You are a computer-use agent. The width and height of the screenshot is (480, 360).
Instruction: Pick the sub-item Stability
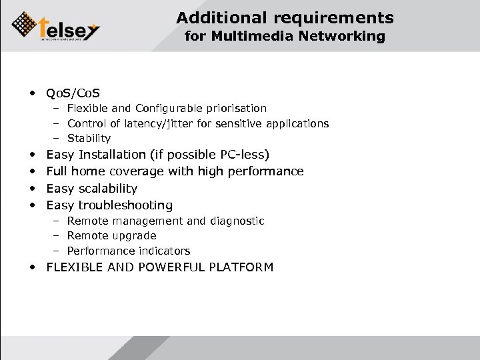(x=89, y=139)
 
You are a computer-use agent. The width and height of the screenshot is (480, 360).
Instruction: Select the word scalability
(x=107, y=189)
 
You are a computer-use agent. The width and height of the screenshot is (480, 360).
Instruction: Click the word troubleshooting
(x=125, y=205)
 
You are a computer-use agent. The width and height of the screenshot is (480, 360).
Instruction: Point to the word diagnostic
(x=236, y=221)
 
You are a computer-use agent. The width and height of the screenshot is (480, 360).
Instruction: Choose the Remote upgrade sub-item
(x=111, y=236)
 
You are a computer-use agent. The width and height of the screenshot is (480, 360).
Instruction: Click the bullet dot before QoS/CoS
(x=32, y=92)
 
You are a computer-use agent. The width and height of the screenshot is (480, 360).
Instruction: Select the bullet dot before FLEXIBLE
(x=32, y=268)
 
